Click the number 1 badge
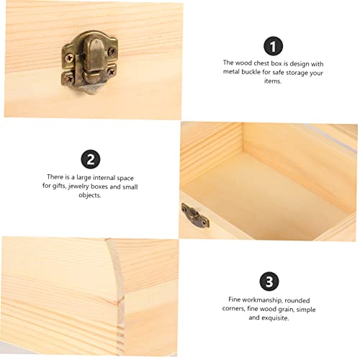[271, 46]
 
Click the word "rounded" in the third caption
[298, 300]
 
